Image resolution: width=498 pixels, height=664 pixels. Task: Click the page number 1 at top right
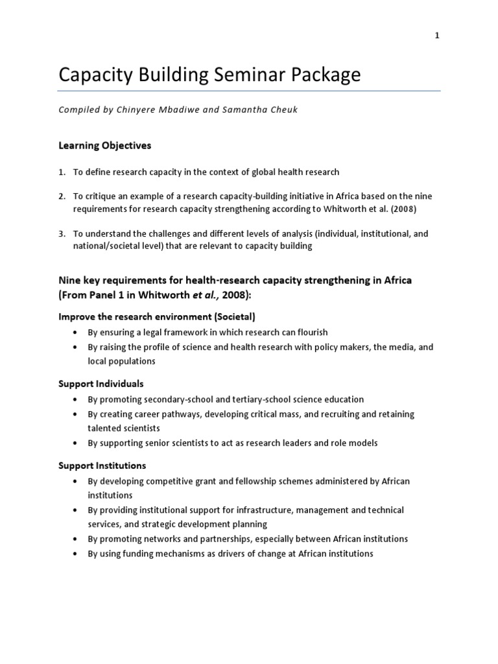tap(437, 36)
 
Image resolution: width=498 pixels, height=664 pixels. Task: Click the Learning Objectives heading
tap(104, 146)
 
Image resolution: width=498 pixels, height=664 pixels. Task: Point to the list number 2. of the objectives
tap(62, 196)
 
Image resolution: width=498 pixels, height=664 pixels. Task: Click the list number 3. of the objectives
tap(62, 233)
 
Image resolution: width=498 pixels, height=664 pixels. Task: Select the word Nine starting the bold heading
tap(71, 280)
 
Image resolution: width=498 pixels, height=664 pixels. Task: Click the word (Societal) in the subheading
tap(232, 317)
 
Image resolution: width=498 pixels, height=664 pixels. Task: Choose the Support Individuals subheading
tap(101, 384)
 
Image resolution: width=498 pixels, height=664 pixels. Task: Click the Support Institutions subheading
tap(102, 466)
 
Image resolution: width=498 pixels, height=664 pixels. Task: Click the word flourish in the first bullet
tap(309, 333)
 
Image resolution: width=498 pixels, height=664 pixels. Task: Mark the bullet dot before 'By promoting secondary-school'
tap(76, 399)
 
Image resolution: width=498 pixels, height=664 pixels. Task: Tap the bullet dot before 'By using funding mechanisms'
tap(76, 554)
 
